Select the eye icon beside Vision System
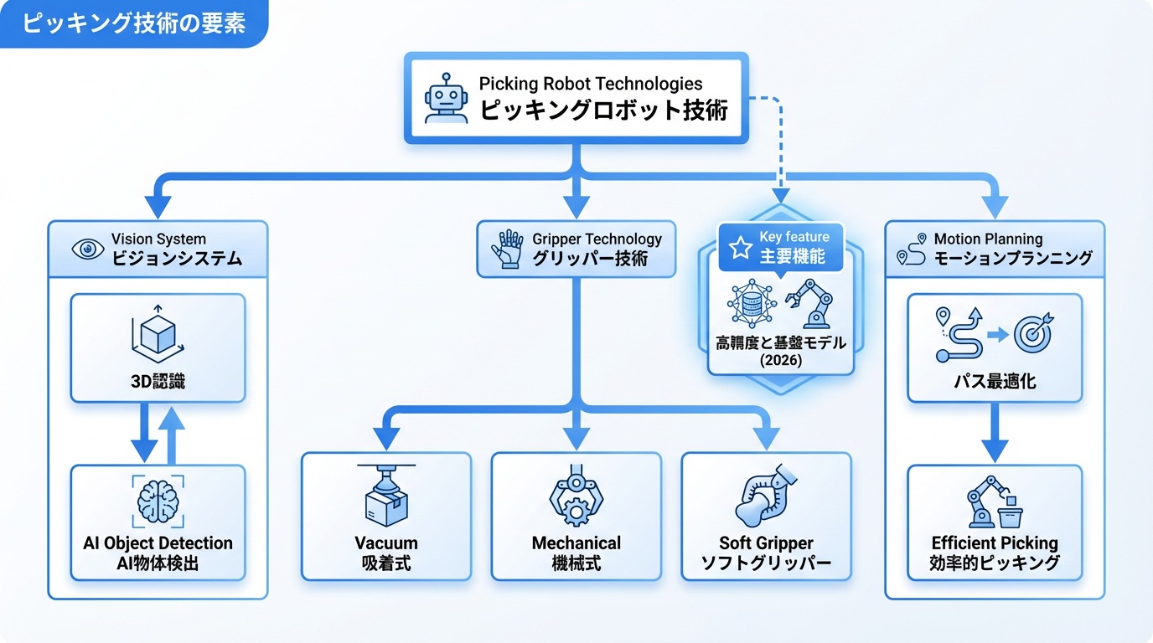tap(88, 249)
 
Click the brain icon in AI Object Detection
tap(158, 501)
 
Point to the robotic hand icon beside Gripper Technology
tap(509, 249)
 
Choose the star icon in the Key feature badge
tap(740, 247)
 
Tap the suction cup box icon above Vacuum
tap(385, 496)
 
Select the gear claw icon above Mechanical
tap(576, 500)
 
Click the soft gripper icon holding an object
tap(764, 497)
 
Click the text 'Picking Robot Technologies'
tap(590, 84)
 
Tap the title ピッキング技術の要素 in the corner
tap(133, 23)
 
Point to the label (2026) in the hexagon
tap(781, 360)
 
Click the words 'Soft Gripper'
tap(766, 543)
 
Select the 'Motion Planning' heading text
tap(988, 239)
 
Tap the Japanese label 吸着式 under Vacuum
tap(385, 563)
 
